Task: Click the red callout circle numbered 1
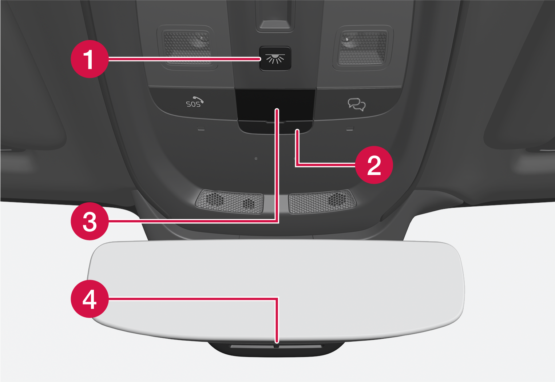pyautogui.click(x=90, y=59)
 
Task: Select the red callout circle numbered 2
pyautogui.click(x=374, y=165)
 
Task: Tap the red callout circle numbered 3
pyautogui.click(x=90, y=221)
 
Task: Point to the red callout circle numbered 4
pyautogui.click(x=90, y=299)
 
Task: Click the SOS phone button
pyautogui.click(x=194, y=102)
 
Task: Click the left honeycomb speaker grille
pyautogui.click(x=230, y=201)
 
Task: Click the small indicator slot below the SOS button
pyautogui.click(x=201, y=128)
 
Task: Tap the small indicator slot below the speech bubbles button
pyautogui.click(x=350, y=128)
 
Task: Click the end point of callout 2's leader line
pyautogui.click(x=297, y=130)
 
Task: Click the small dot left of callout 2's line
pyautogui.click(x=256, y=159)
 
